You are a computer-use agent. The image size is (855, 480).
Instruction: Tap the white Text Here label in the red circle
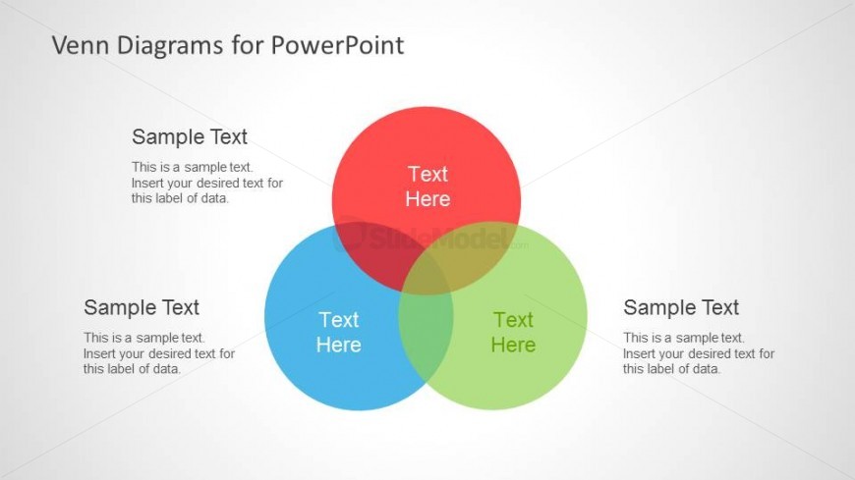pos(427,187)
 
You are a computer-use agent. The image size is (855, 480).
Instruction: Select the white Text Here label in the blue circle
pos(338,332)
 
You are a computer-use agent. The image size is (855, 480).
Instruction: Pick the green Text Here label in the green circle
pos(513,332)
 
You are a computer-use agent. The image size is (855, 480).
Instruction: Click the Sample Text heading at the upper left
pos(190,136)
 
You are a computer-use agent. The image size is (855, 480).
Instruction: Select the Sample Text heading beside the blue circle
pos(142,307)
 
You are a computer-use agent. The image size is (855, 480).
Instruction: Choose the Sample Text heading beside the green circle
pos(681,307)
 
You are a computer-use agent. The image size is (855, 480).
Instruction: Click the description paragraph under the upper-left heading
pos(206,183)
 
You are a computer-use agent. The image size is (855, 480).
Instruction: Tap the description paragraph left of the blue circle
pos(158,353)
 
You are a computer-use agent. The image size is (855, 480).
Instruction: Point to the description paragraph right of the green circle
pos(698,353)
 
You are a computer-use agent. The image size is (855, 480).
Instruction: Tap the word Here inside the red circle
pos(427,199)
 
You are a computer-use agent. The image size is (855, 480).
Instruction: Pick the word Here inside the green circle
pos(513,345)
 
